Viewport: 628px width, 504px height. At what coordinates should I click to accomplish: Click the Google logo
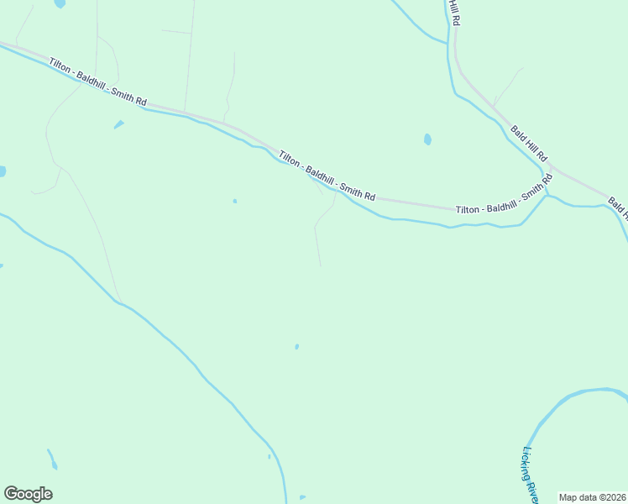coord(28,493)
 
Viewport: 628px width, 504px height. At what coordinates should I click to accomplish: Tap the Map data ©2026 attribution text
coord(591,497)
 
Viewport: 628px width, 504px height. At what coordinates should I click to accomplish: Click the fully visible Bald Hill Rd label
coord(528,143)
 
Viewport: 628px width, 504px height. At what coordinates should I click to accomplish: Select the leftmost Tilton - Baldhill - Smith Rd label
coord(97,81)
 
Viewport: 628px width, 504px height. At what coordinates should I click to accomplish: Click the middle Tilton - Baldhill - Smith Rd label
coord(327,174)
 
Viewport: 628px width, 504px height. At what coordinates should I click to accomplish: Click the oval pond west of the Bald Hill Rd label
coord(427,139)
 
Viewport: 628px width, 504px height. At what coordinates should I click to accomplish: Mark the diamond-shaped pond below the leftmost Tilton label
coord(118,125)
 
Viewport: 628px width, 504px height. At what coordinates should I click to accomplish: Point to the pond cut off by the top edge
coord(59,3)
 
